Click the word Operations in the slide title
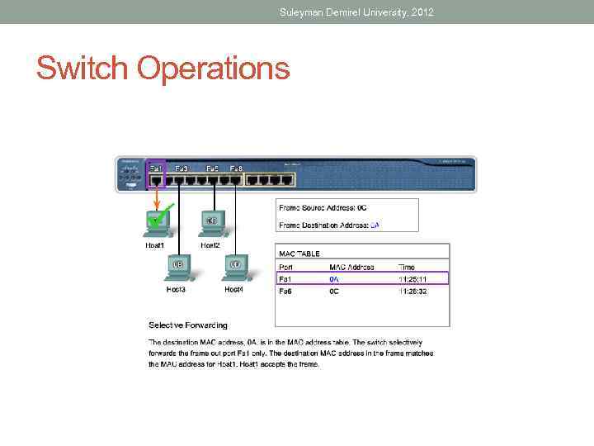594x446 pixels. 214,69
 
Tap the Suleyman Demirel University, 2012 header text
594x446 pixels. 356,12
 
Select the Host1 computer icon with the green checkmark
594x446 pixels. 157,221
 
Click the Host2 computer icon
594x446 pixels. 211,221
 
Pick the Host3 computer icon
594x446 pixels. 177,266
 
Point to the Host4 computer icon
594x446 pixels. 234,266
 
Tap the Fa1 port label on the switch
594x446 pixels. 155,168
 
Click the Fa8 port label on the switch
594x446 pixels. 236,168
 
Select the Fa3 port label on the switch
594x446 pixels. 181,168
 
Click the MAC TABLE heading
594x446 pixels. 299,254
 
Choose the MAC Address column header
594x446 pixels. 351,267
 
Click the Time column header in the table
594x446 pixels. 408,267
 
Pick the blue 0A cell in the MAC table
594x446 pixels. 334,279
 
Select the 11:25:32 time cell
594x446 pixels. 412,291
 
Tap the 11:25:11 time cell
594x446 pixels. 412,279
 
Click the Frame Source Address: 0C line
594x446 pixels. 328,207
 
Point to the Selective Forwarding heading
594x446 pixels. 188,325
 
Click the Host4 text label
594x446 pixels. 234,290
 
